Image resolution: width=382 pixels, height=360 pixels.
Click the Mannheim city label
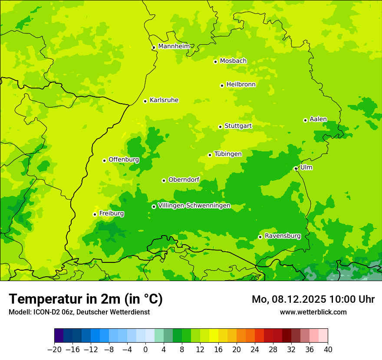pyautogui.click(x=174, y=46)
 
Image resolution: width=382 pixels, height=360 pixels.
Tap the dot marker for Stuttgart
pyautogui.click(x=220, y=127)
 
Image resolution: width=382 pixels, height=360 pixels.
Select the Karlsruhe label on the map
pyautogui.click(x=164, y=100)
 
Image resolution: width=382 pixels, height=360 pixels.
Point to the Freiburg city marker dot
pyautogui.click(x=95, y=214)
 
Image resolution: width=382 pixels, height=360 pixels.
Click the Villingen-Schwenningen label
pyautogui.click(x=194, y=206)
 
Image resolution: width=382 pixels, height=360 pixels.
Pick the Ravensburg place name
pyautogui.click(x=282, y=236)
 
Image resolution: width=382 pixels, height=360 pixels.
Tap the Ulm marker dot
pyautogui.click(x=296, y=168)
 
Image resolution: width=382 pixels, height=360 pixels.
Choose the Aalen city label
pyautogui.click(x=318, y=119)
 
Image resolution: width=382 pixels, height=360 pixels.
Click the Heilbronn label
pyautogui.click(x=241, y=85)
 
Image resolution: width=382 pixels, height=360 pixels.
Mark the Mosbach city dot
pyautogui.click(x=215, y=62)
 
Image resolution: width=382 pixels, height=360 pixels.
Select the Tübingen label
pyautogui.click(x=228, y=154)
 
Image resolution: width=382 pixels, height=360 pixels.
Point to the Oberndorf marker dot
pyautogui.click(x=164, y=180)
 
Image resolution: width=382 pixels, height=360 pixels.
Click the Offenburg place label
pyautogui.click(x=124, y=160)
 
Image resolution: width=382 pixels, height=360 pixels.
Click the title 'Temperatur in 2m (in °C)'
pyautogui.click(x=86, y=299)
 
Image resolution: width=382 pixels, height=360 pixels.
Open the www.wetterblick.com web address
pyautogui.click(x=313, y=312)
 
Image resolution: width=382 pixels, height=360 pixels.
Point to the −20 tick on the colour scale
pyautogui.click(x=54, y=350)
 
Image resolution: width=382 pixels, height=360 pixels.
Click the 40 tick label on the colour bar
pyautogui.click(x=328, y=350)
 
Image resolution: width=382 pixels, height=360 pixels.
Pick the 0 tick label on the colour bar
pyautogui.click(x=145, y=350)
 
